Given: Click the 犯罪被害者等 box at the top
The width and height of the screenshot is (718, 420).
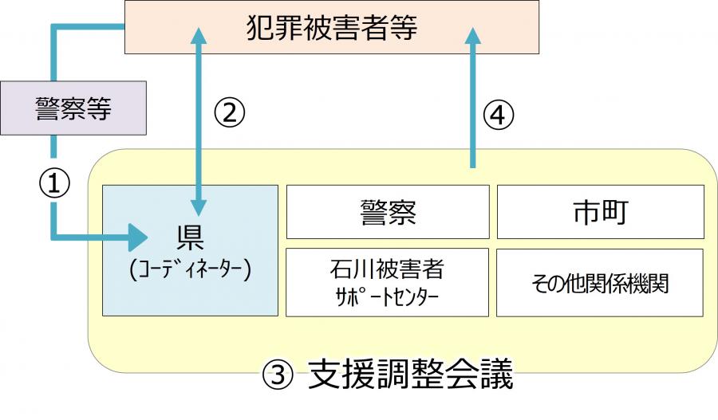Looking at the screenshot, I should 331,28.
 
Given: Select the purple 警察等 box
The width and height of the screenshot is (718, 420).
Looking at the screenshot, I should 73,108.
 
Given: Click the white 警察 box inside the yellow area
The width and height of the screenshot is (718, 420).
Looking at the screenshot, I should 387,211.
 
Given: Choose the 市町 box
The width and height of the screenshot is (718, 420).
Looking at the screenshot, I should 600,211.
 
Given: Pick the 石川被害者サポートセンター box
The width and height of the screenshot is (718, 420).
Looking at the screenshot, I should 387,282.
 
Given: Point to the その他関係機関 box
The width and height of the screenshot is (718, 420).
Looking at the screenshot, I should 600,282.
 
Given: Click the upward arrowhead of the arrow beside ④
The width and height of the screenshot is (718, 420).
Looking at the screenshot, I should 474,36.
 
